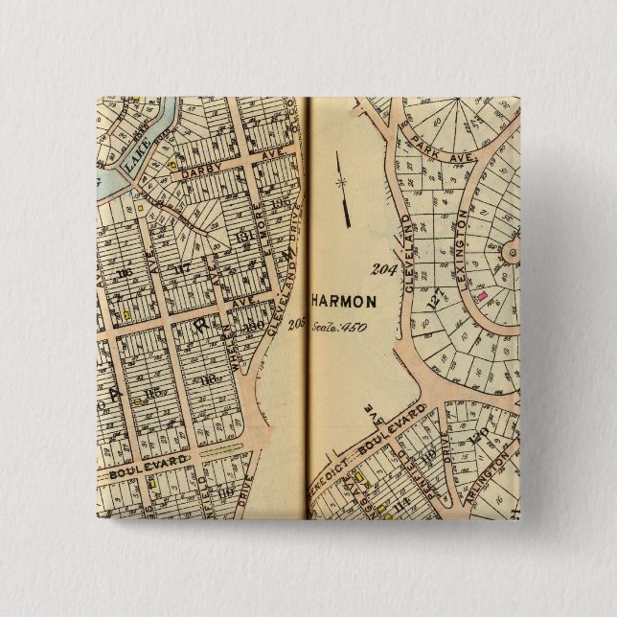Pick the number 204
click(384, 269)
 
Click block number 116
click(125, 275)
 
